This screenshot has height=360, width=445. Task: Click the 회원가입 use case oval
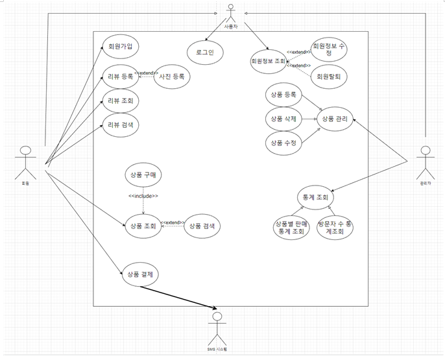click(121, 47)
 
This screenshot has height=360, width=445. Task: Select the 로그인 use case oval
click(204, 52)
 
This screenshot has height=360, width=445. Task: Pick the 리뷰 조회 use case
click(121, 101)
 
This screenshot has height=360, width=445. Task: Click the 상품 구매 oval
click(143, 175)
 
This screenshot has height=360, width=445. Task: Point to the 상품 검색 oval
click(202, 226)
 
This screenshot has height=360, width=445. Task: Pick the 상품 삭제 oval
click(284, 119)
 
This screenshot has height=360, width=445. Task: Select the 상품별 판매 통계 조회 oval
click(291, 228)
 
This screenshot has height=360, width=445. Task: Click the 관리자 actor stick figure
click(425, 162)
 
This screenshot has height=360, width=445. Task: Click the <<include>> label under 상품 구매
click(143, 196)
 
